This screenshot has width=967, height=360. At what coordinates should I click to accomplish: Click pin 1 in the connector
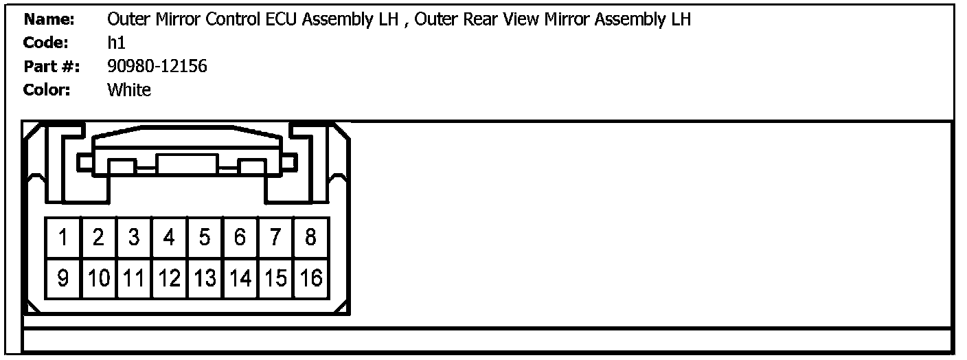[63, 238]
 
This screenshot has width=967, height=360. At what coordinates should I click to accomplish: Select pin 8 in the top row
[310, 238]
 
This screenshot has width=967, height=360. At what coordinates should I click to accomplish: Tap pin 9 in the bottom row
[63, 278]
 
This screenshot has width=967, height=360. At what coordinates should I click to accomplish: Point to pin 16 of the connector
[311, 278]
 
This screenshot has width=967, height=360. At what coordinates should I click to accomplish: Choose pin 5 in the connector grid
[205, 238]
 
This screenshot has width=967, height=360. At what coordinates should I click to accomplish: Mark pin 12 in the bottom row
[169, 278]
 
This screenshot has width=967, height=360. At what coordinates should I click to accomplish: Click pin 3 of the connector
[134, 238]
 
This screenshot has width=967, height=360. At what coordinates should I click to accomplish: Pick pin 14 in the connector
[240, 278]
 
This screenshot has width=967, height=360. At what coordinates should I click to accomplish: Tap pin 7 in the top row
[275, 238]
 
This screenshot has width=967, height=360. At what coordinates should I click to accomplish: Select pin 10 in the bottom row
[99, 278]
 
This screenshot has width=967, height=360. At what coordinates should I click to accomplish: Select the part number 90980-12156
[157, 67]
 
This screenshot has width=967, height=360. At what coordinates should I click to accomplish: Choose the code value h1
[116, 43]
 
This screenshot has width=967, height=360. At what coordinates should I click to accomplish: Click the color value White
[129, 90]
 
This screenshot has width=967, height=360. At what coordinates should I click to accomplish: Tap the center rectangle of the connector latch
[187, 165]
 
